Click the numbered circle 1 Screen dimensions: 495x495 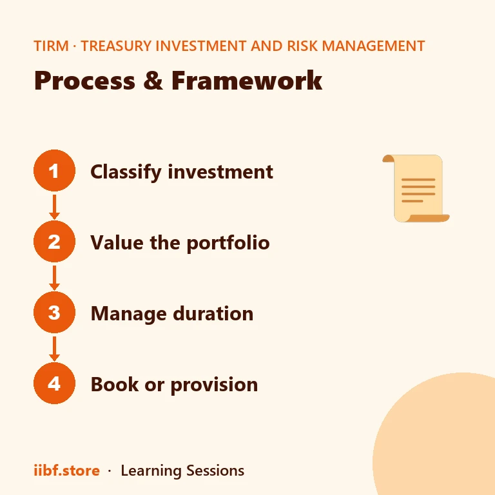tap(54, 170)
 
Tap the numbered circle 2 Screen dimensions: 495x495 tap(54, 242)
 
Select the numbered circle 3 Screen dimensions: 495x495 tap(54, 312)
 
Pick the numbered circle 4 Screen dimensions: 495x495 tap(54, 383)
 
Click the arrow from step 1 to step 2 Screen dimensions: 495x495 tap(54, 207)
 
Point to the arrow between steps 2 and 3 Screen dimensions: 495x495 tap(54, 278)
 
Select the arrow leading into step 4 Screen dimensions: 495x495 tap(54, 349)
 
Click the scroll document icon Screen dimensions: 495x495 tap(416, 188)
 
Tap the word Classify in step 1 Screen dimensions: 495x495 tap(126, 172)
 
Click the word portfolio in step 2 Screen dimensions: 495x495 tap(228, 243)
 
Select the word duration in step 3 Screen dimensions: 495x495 tap(213, 313)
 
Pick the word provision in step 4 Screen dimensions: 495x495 tap(215, 385)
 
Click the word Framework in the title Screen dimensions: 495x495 tap(247, 81)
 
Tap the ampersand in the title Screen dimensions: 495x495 tap(153, 81)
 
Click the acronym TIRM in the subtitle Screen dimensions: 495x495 tap(51, 46)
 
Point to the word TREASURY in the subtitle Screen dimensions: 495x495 tap(116, 46)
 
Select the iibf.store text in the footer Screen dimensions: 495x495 tap(66, 471)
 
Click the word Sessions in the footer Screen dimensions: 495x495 tap(215, 471)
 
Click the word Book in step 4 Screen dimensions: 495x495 tap(115, 384)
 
